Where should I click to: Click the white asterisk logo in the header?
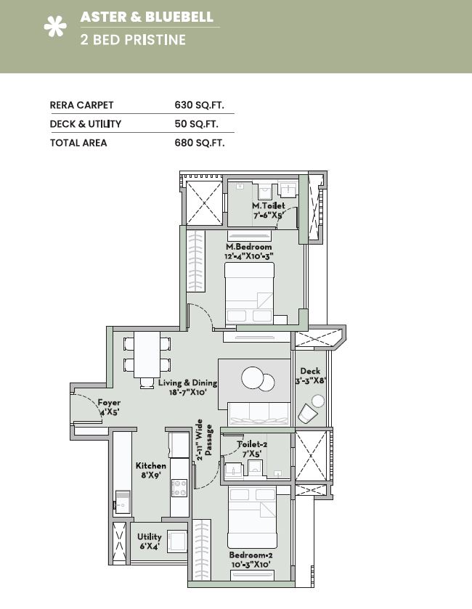click(55, 26)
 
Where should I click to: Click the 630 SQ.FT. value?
click(199, 105)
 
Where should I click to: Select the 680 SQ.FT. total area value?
click(200, 143)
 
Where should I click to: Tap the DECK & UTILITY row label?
click(86, 124)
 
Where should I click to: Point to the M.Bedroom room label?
click(248, 247)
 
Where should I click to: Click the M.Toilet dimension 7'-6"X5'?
click(268, 215)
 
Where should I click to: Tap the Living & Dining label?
click(187, 383)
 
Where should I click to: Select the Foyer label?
click(109, 402)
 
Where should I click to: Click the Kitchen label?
click(151, 465)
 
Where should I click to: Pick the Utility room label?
click(149, 536)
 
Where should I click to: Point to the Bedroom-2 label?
click(251, 555)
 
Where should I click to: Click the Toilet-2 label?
click(252, 444)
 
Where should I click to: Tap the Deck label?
click(310, 372)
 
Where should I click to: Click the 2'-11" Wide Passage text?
click(204, 440)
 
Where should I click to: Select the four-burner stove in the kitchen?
click(179, 488)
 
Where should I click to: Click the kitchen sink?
click(123, 502)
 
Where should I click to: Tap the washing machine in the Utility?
click(177, 541)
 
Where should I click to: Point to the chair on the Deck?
click(308, 414)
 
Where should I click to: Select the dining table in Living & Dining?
click(147, 355)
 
